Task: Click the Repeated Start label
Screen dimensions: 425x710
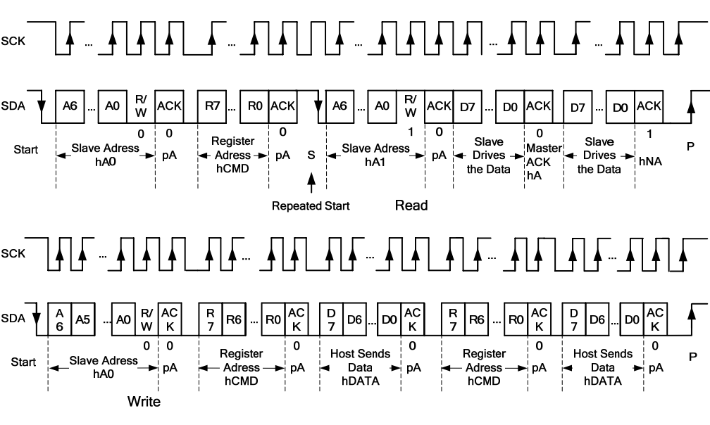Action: [311, 206]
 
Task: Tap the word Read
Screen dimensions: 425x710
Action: [411, 206]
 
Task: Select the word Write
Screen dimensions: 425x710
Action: [144, 402]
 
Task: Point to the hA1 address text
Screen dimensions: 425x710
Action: [375, 162]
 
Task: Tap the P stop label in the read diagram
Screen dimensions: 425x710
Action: [690, 148]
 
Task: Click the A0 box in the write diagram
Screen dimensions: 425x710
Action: [124, 318]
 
